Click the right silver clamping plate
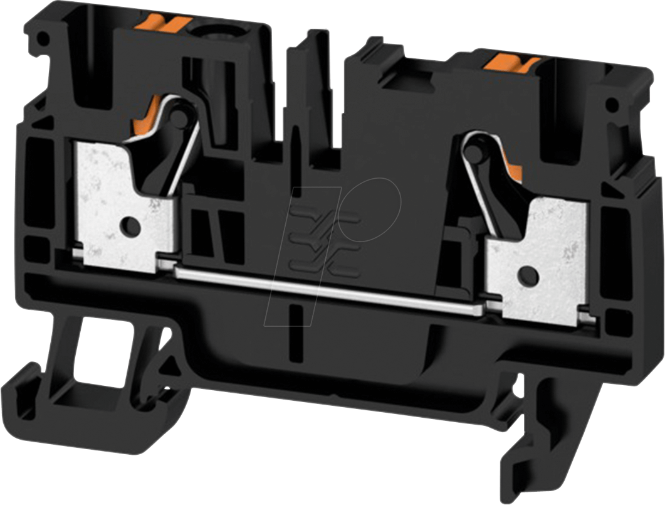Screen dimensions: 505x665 539,251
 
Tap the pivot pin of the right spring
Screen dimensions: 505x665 473,151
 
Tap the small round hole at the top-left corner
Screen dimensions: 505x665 43,39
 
